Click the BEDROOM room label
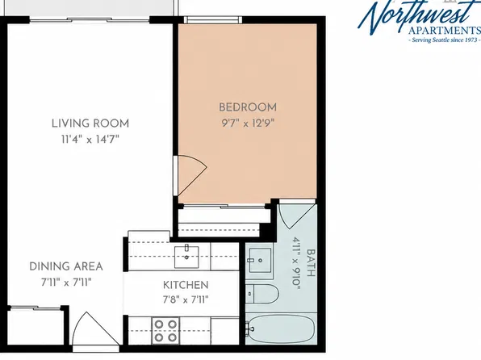248,107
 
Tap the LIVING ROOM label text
90,123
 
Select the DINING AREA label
66,266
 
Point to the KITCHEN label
186,285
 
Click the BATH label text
311,263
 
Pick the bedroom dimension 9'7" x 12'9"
248,123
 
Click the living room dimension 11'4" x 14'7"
90,140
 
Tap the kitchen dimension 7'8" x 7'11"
186,299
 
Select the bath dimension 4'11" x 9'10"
295,263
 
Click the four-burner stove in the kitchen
165,330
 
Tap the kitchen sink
186,257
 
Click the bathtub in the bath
281,329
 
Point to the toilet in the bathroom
262,294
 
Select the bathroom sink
260,261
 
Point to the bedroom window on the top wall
213,19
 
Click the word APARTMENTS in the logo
445,31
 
